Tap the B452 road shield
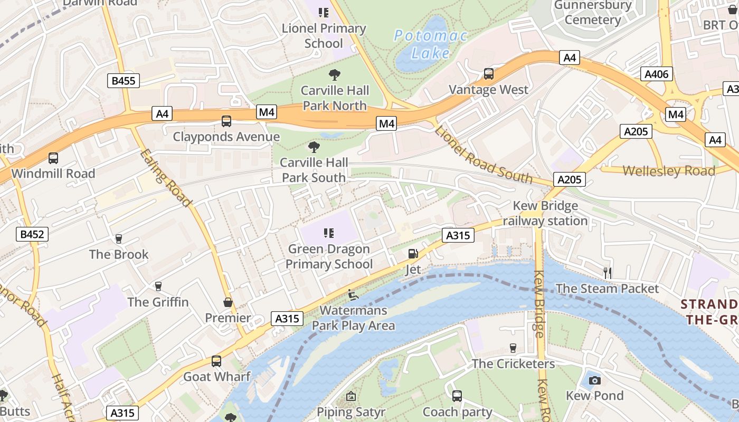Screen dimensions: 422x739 tap(32, 234)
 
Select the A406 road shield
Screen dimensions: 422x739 tap(657, 74)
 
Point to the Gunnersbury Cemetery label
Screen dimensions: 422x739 tap(593, 13)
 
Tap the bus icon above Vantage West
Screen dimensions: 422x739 tap(489, 74)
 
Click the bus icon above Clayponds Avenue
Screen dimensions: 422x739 tap(226, 121)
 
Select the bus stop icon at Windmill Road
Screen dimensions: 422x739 tap(53, 158)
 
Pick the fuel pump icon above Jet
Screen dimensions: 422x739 tap(413, 254)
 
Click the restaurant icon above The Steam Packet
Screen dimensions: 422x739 tap(608, 273)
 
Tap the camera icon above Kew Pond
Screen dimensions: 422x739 tap(594, 380)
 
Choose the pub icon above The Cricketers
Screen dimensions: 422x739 tap(513, 348)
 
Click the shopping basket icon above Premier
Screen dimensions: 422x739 tap(228, 302)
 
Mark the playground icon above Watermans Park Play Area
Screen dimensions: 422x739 tap(353, 294)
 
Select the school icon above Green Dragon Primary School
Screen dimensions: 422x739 tap(329, 233)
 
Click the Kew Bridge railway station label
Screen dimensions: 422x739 tap(545, 213)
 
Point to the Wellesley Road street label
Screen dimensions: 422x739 tap(669, 171)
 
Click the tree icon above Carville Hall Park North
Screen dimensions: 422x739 tap(335, 75)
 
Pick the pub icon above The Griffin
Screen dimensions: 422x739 tap(158, 286)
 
